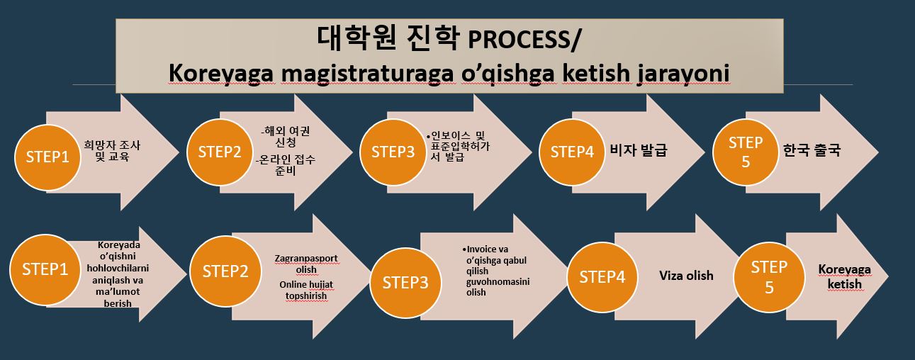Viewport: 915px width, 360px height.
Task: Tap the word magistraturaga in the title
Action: click(367, 74)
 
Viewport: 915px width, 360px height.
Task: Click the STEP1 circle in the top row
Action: click(47, 157)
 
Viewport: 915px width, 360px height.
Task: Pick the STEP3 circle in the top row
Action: click(393, 152)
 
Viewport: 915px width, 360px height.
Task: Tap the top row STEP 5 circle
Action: click(746, 152)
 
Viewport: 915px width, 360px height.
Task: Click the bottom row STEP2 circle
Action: click(225, 271)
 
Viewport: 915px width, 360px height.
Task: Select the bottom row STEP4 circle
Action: click(602, 277)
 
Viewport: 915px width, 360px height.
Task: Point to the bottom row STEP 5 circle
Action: click(769, 277)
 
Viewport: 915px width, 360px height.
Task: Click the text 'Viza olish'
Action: click(686, 276)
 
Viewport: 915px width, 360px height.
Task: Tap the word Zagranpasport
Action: click(306, 258)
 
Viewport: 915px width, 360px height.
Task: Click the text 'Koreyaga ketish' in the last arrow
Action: click(844, 276)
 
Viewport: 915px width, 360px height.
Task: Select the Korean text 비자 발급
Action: click(639, 150)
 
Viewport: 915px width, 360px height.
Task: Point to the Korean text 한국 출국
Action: click(812, 150)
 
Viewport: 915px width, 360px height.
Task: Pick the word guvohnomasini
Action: click(498, 282)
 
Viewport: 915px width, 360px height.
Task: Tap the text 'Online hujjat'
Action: click(306, 284)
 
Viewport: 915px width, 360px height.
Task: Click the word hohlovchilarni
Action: click(118, 268)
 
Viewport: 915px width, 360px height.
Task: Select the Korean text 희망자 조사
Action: click(112, 145)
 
